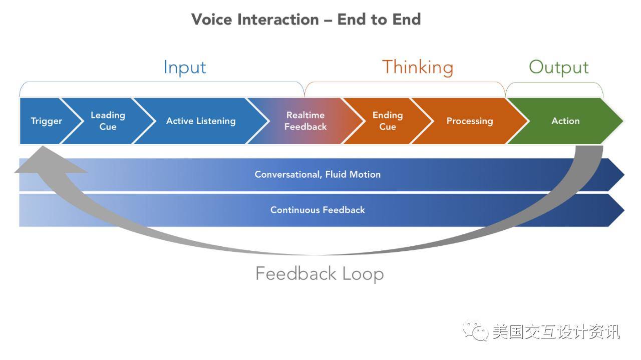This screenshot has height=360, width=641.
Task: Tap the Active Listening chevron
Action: [201, 121]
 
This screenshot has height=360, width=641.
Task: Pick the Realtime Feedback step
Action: [305, 121]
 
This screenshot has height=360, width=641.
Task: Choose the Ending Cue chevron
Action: [388, 121]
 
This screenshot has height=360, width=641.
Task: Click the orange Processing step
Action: [470, 121]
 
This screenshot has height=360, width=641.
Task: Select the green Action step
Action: [565, 121]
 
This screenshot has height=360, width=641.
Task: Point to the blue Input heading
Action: [185, 68]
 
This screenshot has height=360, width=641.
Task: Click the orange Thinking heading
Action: [418, 68]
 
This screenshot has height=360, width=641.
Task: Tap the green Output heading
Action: [558, 68]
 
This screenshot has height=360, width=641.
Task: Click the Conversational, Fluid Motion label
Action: [317, 174]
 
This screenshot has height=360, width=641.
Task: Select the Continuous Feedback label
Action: [317, 210]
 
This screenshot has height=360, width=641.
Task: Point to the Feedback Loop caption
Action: [319, 273]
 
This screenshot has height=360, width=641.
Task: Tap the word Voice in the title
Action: [211, 20]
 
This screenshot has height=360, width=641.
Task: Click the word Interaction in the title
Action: [278, 20]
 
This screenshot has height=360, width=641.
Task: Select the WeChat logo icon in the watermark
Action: [476, 331]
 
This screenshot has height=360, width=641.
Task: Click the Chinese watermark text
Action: [556, 331]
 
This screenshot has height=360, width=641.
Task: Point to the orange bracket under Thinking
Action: [405, 83]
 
